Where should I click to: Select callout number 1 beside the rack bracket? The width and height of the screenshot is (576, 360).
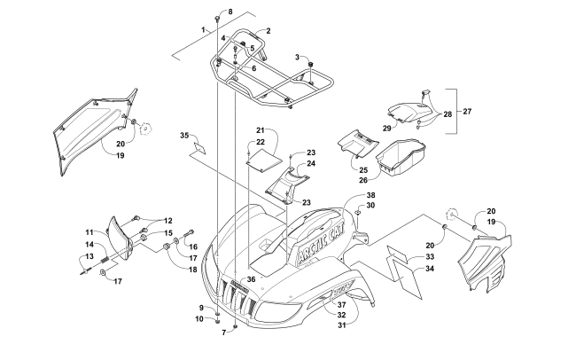pyautogui.click(x=203, y=30)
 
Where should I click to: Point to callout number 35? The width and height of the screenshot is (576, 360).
pyautogui.click(x=184, y=136)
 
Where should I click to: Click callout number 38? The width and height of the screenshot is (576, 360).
pyautogui.click(x=371, y=195)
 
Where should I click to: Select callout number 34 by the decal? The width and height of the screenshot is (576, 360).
pyautogui.click(x=429, y=268)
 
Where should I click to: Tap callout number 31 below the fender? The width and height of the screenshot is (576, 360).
pyautogui.click(x=340, y=324)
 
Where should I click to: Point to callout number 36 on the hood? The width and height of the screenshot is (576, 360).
pyautogui.click(x=252, y=279)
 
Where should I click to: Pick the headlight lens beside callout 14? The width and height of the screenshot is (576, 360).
pyautogui.click(x=120, y=238)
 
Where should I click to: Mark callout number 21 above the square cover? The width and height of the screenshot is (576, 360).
pyautogui.click(x=261, y=129)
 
